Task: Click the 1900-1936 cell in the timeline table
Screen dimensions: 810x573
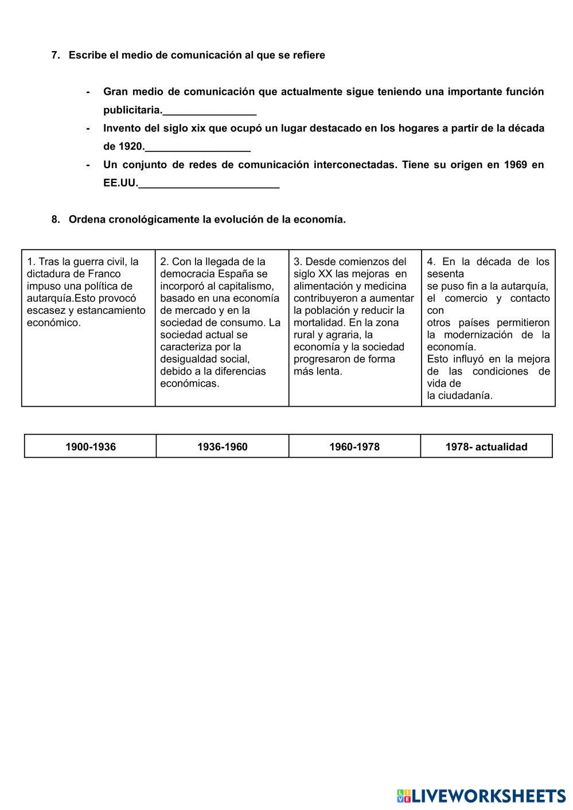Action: click(90, 446)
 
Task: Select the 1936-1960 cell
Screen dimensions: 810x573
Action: click(222, 446)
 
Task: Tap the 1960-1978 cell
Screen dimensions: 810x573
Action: click(354, 446)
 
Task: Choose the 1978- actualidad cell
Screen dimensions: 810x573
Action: click(486, 446)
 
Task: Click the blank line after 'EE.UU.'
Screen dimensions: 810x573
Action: click(209, 185)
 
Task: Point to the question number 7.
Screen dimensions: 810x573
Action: click(56, 55)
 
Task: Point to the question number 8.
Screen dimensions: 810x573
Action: click(56, 219)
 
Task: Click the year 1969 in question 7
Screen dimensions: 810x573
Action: click(515, 165)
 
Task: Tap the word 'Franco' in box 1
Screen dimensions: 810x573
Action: click(104, 274)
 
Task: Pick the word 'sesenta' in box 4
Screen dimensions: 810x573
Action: click(445, 274)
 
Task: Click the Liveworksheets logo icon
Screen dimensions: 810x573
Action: click(403, 795)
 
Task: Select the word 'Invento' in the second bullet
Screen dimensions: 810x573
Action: click(122, 128)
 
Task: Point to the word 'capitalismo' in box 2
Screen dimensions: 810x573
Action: click(246, 286)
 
